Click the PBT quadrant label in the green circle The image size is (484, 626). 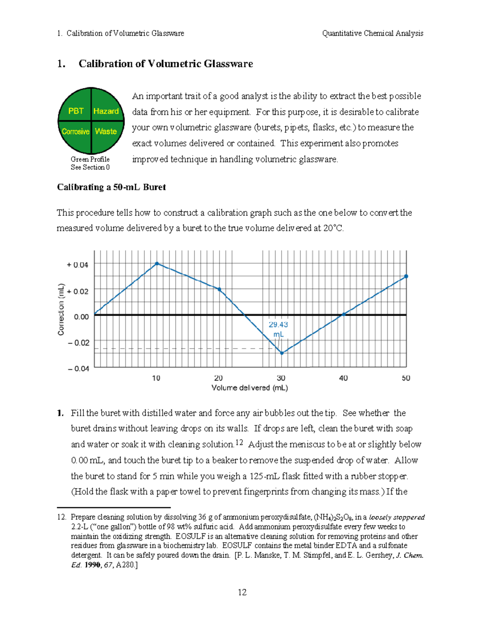pyautogui.click(x=75, y=111)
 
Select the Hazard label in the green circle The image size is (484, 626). pyautogui.click(x=106, y=111)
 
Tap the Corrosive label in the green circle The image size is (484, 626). pyautogui.click(x=75, y=131)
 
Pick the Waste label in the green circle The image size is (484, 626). pyautogui.click(x=106, y=131)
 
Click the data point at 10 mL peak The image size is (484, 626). pyautogui.click(x=157, y=264)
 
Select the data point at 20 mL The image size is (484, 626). pyautogui.click(x=219, y=289)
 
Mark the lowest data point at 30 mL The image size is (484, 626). pyautogui.click(x=282, y=353)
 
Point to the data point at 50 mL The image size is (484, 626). pyautogui.click(x=406, y=277)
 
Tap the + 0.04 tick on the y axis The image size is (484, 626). pyautogui.click(x=77, y=265)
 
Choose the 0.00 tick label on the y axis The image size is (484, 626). pyautogui.click(x=81, y=317)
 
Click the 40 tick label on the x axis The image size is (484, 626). pyautogui.click(x=343, y=378)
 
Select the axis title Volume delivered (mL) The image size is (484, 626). pyautogui.click(x=250, y=388)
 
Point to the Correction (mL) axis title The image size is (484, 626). pyautogui.click(x=61, y=310)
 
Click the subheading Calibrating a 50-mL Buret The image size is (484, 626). pyautogui.click(x=111, y=187)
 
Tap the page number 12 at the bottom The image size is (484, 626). pyautogui.click(x=242, y=592)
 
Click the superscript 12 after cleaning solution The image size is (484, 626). pyautogui.click(x=239, y=442)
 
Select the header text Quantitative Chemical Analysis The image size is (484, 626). pyautogui.click(x=373, y=33)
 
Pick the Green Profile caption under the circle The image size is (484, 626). pyautogui.click(x=90, y=159)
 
